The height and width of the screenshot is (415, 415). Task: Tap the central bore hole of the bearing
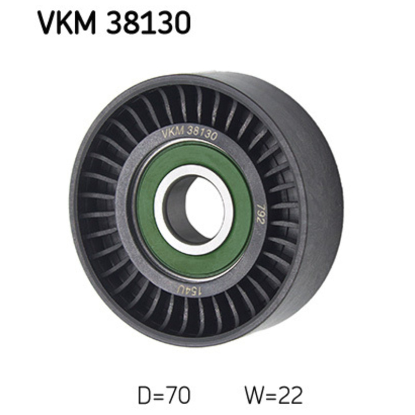[203, 208]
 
